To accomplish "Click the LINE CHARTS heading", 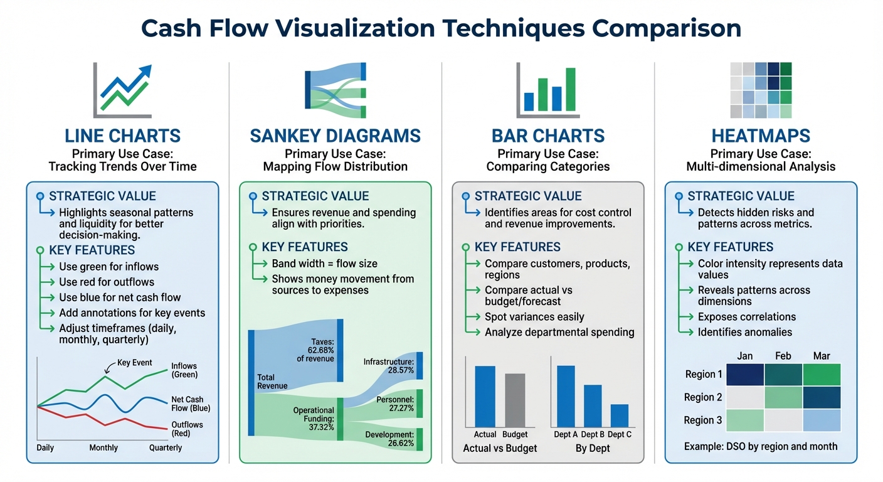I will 122,136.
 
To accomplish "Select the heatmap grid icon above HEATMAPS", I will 761,90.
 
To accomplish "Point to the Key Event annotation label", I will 134,363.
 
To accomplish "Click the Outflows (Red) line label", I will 187,429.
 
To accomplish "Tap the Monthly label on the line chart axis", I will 103,447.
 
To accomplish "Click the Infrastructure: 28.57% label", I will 389,367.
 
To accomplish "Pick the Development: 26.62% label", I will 389,439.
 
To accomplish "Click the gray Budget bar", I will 515,400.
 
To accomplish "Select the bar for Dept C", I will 619,415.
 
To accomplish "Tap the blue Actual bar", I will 485,397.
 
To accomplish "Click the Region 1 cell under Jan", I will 745,375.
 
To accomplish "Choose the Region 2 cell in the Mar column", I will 822,397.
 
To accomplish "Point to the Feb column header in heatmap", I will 783,356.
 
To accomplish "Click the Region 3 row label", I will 703,420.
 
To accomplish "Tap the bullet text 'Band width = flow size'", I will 324,264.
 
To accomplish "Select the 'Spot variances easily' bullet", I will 534,317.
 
